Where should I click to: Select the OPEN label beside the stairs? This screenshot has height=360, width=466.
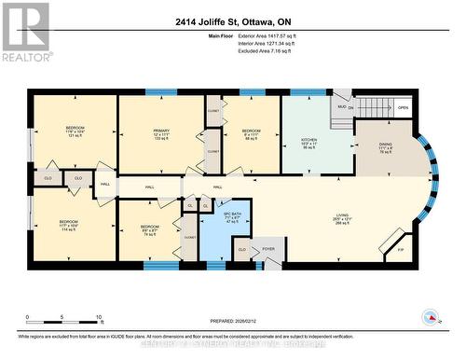(x=403, y=107)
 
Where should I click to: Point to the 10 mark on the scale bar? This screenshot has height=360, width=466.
(x=100, y=318)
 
